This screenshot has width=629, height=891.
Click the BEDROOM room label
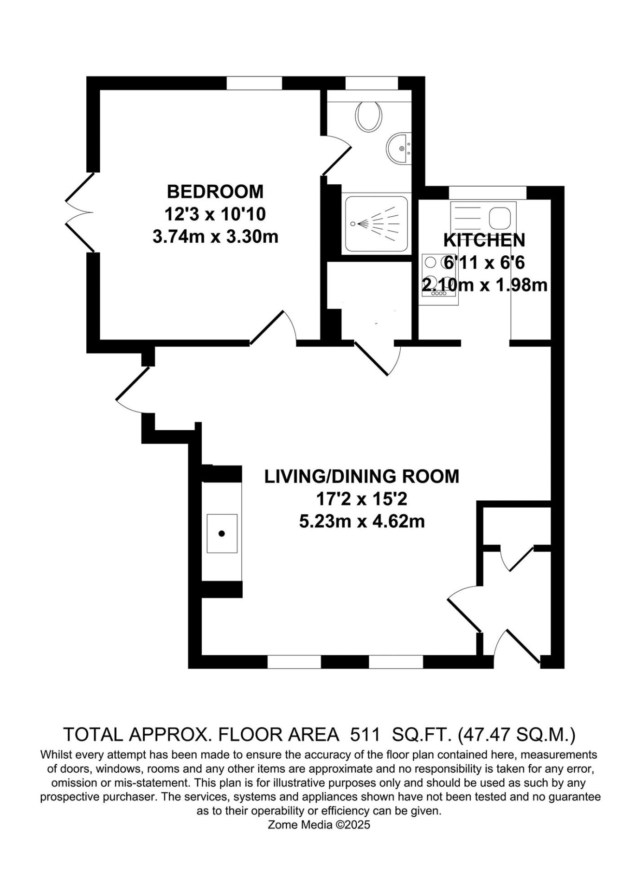215,191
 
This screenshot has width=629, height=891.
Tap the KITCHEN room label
484,240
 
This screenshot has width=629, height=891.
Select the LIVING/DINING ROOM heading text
361,477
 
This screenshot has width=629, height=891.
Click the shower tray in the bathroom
376,224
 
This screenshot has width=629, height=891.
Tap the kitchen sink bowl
500,218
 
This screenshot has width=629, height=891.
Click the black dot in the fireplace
222,534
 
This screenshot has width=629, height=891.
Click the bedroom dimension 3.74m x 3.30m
215,237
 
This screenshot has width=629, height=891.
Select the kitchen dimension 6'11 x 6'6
484,263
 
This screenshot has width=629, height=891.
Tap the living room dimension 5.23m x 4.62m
362,522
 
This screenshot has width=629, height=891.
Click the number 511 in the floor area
365,735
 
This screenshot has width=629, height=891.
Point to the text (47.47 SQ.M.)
516,735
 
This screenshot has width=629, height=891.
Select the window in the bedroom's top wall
254,83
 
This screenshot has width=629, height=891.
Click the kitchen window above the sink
488,192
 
